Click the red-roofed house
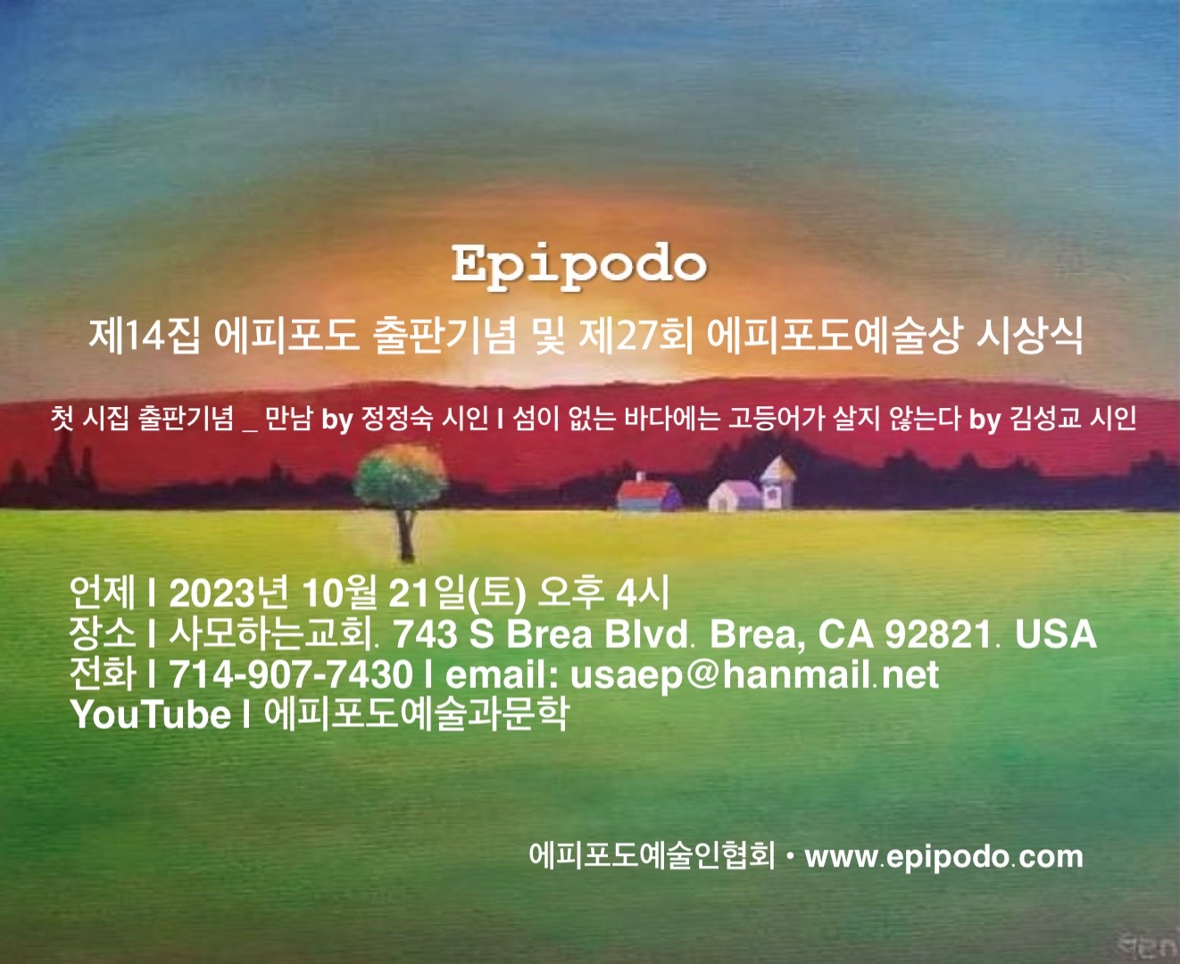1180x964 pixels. (x=649, y=493)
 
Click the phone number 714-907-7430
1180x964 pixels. (x=291, y=675)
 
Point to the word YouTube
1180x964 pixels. (x=151, y=714)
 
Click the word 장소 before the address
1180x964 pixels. (x=103, y=635)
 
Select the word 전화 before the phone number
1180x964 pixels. (x=103, y=675)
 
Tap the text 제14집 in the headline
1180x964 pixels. (x=145, y=336)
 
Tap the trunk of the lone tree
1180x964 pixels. (x=405, y=535)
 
